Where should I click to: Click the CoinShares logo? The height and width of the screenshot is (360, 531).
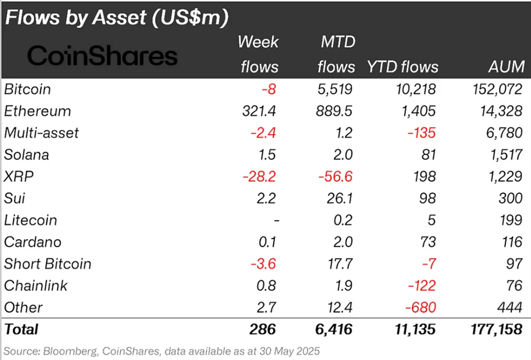point(102,56)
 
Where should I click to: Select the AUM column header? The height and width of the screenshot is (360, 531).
point(506,67)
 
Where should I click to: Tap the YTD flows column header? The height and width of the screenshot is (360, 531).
point(402,67)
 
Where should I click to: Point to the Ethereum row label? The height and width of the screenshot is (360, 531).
point(37,111)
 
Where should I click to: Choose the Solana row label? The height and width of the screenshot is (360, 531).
point(26,155)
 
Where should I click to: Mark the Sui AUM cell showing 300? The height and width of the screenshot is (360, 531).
point(510,198)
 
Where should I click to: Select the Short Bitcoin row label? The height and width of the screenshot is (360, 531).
point(47,264)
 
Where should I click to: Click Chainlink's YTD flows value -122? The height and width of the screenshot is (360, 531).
point(420,285)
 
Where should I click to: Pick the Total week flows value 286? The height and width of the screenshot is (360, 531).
point(263,330)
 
